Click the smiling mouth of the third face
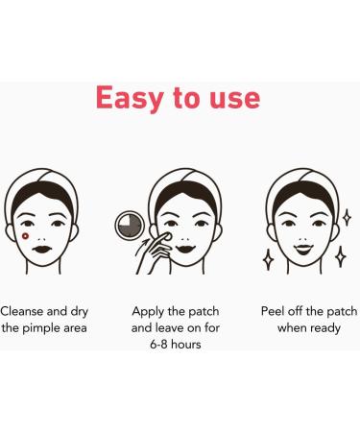[302, 247]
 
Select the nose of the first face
[43, 231]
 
